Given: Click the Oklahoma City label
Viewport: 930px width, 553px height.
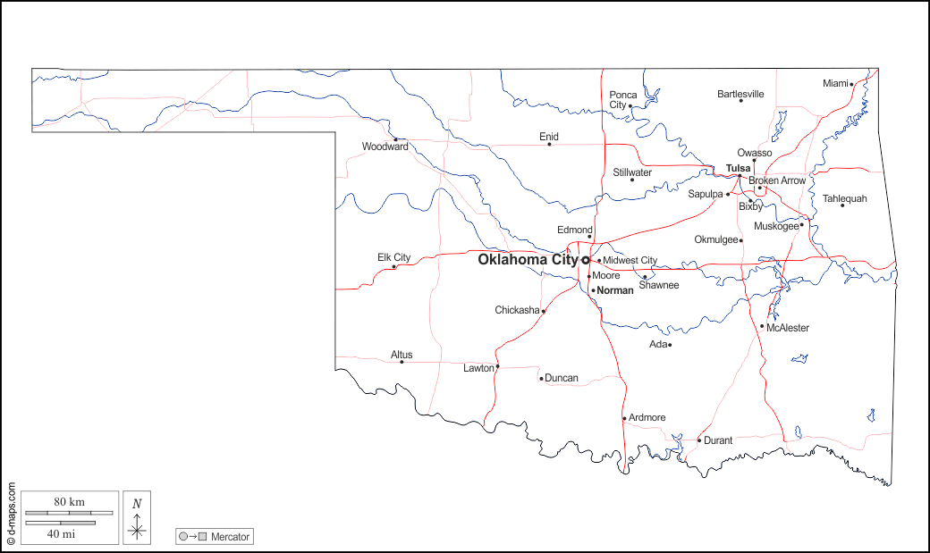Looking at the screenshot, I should pyautogui.click(x=528, y=260).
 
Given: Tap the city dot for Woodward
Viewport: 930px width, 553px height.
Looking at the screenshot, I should pyautogui.click(x=395, y=138).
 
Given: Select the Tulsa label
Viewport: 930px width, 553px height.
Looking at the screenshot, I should pyautogui.click(x=738, y=168).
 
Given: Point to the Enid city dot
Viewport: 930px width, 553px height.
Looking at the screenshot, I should pyautogui.click(x=549, y=145).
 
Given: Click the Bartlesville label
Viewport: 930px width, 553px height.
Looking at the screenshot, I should pyautogui.click(x=740, y=94).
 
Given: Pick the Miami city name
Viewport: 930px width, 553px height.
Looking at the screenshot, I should pyautogui.click(x=834, y=83).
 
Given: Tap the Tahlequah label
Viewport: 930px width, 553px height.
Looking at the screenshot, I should pyautogui.click(x=844, y=198).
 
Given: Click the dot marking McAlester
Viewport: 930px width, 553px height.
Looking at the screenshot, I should pyautogui.click(x=762, y=326).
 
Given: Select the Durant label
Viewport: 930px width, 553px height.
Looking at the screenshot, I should pyautogui.click(x=718, y=440).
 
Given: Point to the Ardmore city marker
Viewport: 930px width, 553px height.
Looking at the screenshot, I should pyautogui.click(x=624, y=418).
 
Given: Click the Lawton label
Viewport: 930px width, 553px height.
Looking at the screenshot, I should pyautogui.click(x=478, y=368).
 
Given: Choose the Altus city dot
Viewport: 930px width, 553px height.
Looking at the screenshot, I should pyautogui.click(x=402, y=362).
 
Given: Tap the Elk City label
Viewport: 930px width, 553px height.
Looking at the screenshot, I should pyautogui.click(x=393, y=257).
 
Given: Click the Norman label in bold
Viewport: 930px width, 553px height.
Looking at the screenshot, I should pyautogui.click(x=614, y=290).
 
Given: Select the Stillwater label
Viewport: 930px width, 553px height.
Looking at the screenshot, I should pyautogui.click(x=632, y=172).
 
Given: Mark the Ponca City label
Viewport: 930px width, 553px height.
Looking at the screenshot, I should pyautogui.click(x=623, y=99).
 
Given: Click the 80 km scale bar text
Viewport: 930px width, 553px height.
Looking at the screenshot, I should pyautogui.click(x=69, y=502).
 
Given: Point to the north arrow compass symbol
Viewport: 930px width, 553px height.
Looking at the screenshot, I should pyautogui.click(x=137, y=518).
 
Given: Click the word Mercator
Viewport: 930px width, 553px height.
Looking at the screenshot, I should pyautogui.click(x=231, y=537).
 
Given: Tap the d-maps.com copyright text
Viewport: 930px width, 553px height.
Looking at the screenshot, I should pyautogui.click(x=12, y=515).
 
